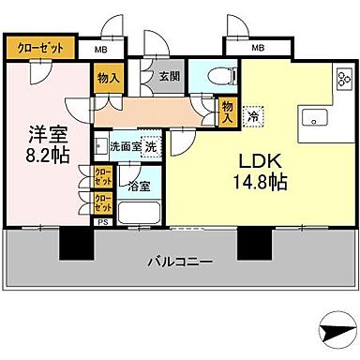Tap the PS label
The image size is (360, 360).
tap(104, 222)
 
